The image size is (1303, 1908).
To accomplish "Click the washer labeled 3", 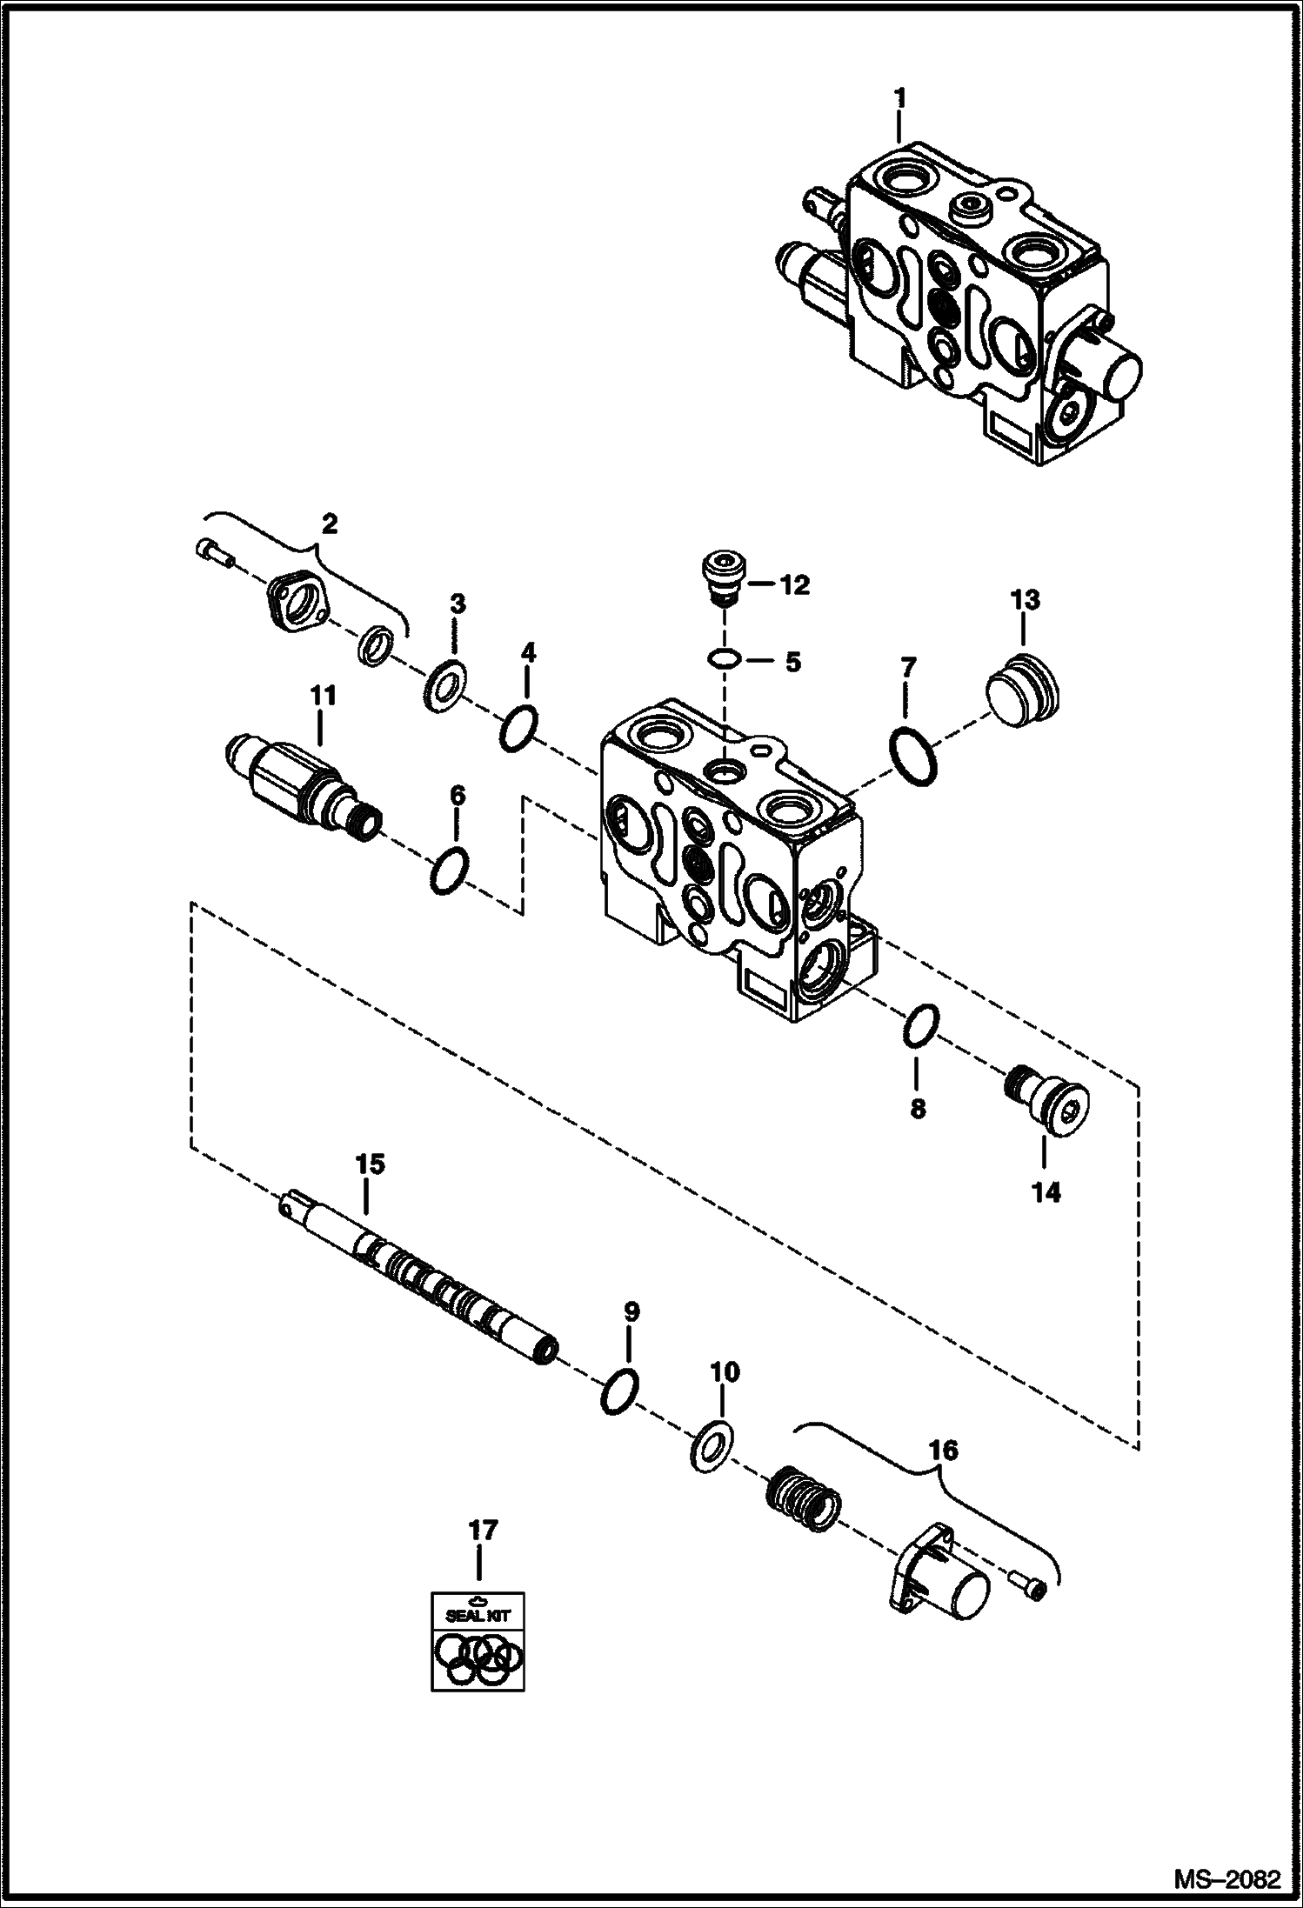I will (x=445, y=691).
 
